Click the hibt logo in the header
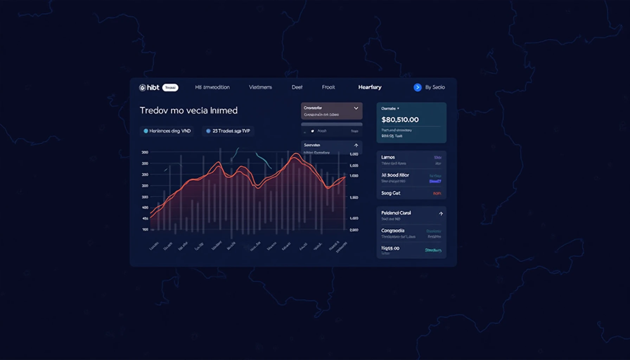click(149, 88)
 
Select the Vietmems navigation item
click(260, 87)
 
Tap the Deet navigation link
click(297, 87)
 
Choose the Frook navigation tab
click(328, 87)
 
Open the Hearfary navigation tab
click(369, 87)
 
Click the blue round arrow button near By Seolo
click(417, 88)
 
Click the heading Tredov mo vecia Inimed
click(188, 110)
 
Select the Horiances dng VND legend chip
click(167, 131)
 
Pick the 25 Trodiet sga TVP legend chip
click(228, 131)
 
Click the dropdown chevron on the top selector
click(356, 108)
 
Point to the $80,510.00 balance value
click(400, 120)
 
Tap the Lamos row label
click(388, 157)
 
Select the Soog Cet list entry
click(391, 193)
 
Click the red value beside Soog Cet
click(437, 193)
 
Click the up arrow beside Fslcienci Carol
click(441, 213)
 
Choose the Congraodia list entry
click(393, 231)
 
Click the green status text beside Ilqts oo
click(433, 250)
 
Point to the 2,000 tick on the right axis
click(354, 230)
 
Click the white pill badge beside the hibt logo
click(170, 88)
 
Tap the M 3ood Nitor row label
click(395, 175)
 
